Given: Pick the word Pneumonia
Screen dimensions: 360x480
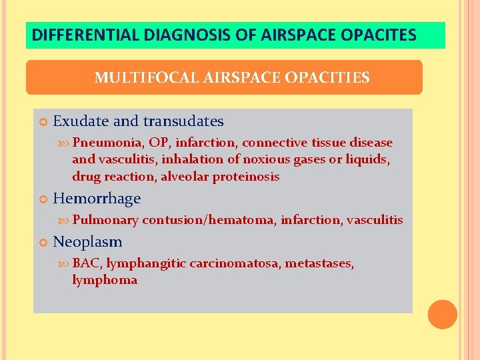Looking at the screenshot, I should click(x=107, y=143).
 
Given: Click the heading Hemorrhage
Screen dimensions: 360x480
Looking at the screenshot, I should click(x=97, y=199).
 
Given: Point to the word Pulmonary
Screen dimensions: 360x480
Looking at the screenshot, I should click(x=105, y=220).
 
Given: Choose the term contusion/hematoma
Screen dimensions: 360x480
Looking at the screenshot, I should click(x=208, y=220).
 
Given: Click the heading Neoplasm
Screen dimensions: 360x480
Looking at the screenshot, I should click(x=87, y=241).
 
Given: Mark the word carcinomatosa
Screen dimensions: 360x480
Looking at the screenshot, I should click(x=235, y=263).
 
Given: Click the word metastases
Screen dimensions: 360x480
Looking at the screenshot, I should click(x=319, y=263).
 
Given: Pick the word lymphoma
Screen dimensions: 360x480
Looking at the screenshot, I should click(x=105, y=281).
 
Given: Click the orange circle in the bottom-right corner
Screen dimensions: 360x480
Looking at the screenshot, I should click(x=443, y=314).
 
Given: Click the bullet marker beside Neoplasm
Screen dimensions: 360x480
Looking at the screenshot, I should click(x=43, y=242).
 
